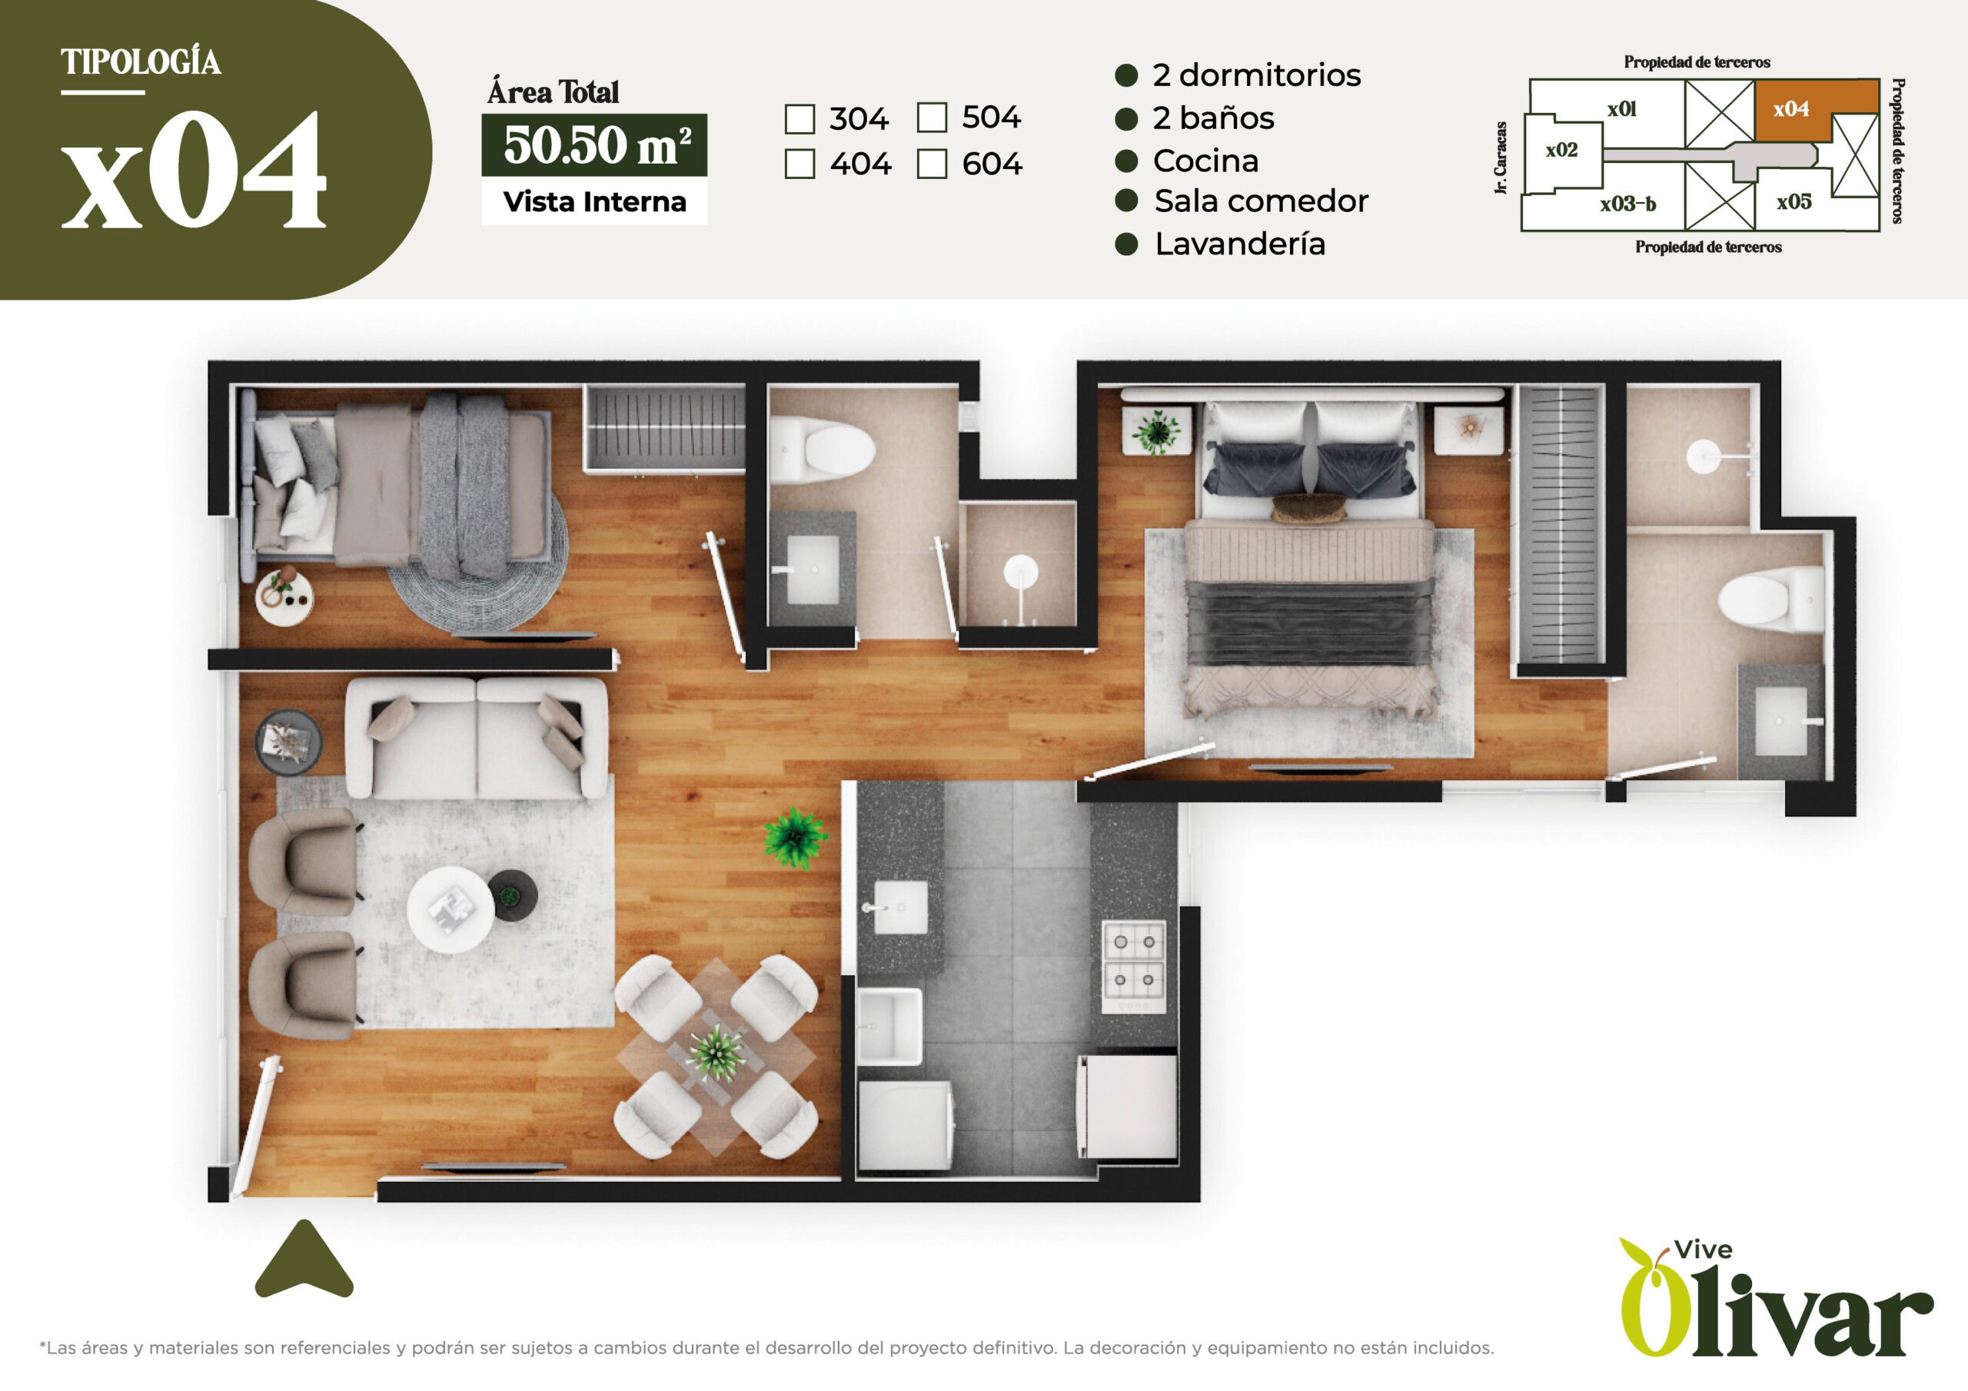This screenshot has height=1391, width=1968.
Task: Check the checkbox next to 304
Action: [x=799, y=119]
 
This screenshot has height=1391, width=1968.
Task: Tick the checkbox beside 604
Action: [x=932, y=164]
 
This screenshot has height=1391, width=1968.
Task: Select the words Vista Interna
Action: [x=595, y=202]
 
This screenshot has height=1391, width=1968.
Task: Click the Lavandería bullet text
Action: [x=1239, y=244]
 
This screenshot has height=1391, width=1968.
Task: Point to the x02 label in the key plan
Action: [x=1561, y=151]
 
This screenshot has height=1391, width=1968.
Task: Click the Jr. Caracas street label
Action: [x=1501, y=158]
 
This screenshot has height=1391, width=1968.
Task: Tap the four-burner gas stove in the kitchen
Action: [x=1133, y=966]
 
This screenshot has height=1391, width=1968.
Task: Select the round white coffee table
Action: [x=450, y=910]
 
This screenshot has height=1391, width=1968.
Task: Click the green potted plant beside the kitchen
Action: [x=795, y=838]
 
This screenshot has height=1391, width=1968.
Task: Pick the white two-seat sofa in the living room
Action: [x=477, y=738]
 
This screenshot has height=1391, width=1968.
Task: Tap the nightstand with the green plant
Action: [x=1156, y=430]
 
